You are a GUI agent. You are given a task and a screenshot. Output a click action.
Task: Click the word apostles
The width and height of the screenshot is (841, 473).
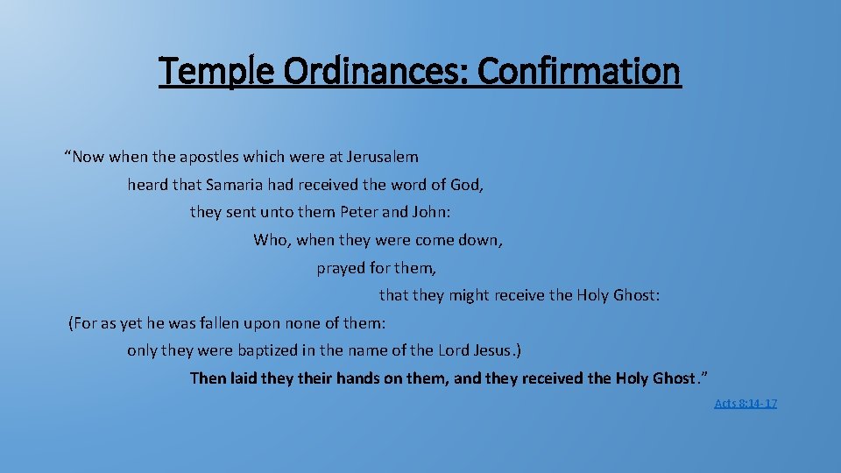coord(212,158)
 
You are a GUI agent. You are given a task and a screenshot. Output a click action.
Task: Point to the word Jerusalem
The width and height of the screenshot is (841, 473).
coord(383,158)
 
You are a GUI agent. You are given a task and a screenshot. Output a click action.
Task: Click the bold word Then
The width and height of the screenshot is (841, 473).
coord(208,378)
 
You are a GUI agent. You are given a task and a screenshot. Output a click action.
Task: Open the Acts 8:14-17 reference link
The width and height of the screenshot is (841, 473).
coord(746,403)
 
